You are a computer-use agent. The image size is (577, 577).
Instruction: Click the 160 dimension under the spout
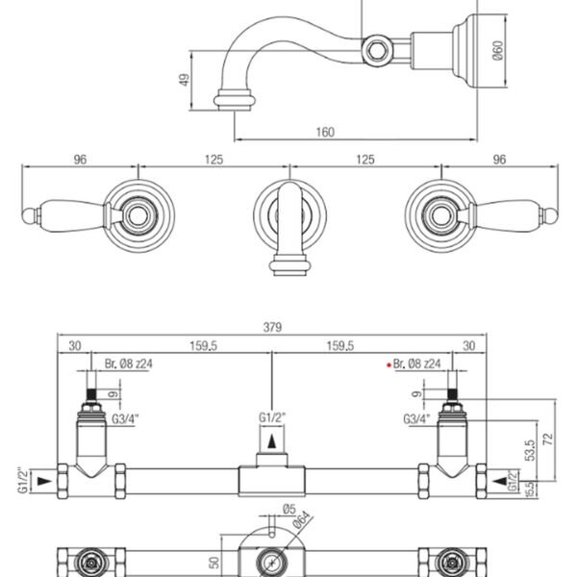pyautogui.click(x=325, y=132)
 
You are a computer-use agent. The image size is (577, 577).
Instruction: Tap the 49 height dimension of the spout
pyautogui.click(x=185, y=80)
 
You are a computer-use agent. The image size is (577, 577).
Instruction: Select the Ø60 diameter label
pyautogui.click(x=497, y=50)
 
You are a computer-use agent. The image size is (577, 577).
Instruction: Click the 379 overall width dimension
pyautogui.click(x=272, y=327)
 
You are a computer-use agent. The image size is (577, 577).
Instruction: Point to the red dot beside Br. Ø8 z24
pyautogui.click(x=389, y=365)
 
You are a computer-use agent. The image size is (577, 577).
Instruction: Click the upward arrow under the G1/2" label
pyautogui.click(x=272, y=440)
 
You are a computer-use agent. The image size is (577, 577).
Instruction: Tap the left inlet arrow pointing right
pyautogui.click(x=44, y=481)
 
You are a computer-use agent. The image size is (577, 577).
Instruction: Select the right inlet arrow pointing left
pyautogui.click(x=500, y=481)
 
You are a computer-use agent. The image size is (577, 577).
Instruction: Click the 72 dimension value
pyautogui.click(x=548, y=439)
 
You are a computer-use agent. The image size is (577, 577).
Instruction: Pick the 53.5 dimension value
pyautogui.click(x=530, y=450)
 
